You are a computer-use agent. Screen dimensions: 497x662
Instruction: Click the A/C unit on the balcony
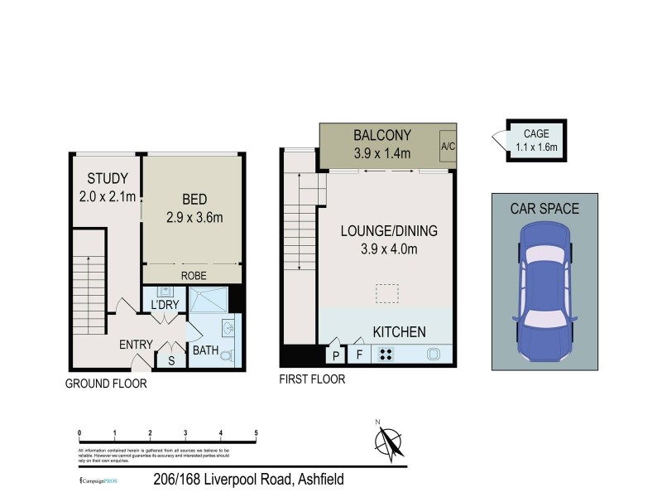pos(448,146)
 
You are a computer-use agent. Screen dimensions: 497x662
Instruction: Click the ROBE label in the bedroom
pos(194,276)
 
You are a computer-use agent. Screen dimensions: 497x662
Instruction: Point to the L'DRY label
pos(164,305)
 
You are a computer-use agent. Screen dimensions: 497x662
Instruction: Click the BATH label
pos(205,350)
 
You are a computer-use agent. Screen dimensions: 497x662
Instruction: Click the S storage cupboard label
pos(171,360)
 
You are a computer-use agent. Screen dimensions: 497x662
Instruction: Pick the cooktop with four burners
pos(386,355)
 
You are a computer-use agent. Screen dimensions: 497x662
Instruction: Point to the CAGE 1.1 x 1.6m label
pos(536,140)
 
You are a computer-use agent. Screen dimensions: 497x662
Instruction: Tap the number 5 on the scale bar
pos(257,433)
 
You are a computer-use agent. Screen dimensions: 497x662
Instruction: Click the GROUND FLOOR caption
pos(107,384)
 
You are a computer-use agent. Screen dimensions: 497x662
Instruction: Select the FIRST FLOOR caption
pos(312,379)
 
